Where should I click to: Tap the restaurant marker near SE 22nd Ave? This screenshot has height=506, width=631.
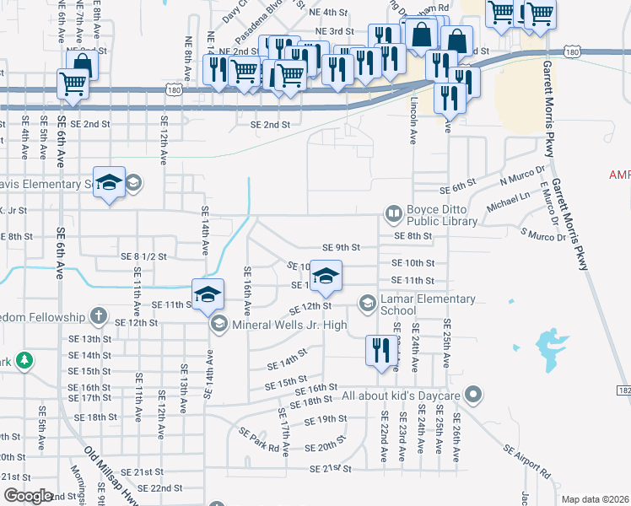point(381,350)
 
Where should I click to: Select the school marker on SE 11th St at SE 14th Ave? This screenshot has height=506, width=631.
point(208,294)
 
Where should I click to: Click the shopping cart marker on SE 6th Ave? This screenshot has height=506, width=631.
point(73,84)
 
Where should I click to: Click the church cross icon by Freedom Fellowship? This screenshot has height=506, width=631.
point(99,317)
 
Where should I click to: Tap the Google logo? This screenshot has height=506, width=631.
point(28,496)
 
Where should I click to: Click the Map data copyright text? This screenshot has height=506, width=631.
point(595,499)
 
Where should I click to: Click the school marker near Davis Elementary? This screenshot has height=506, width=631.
point(109,183)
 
